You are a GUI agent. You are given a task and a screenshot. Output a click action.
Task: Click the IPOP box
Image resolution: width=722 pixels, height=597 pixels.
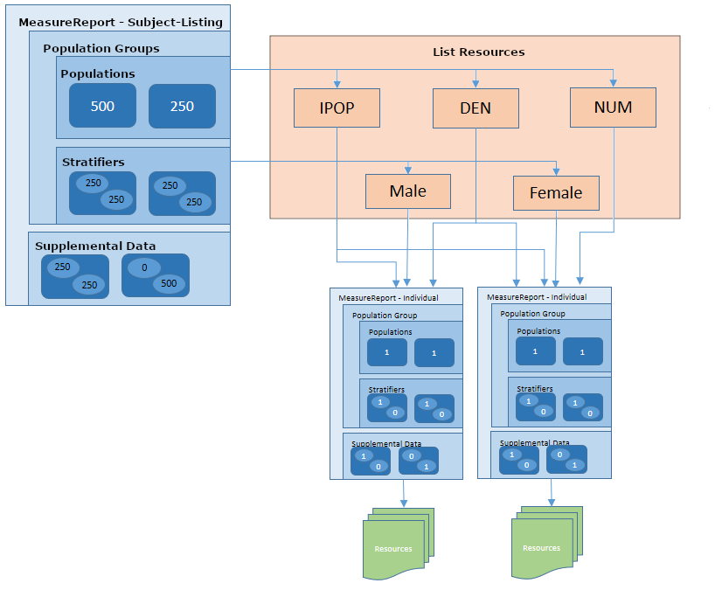tap(337, 108)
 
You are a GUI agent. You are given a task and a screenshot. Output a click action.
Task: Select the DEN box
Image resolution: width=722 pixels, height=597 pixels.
tap(476, 108)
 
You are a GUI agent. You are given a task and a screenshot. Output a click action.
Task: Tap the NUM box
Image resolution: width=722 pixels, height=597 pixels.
tap(613, 108)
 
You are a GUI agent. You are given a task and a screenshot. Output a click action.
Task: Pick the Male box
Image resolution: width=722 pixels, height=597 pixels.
tap(408, 191)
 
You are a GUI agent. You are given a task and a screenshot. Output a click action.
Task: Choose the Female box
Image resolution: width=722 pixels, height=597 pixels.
tap(556, 193)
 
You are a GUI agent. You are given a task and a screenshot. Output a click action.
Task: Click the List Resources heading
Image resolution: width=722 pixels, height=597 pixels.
tap(479, 52)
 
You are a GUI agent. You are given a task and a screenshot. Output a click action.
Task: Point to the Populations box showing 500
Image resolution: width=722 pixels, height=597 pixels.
tap(102, 106)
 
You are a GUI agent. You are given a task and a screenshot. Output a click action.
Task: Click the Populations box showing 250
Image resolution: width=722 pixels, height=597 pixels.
tap(182, 106)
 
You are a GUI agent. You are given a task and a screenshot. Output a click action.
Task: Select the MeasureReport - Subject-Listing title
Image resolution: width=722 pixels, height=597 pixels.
tap(121, 22)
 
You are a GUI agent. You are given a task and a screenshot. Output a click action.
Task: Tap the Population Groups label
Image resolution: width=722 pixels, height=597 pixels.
tap(101, 49)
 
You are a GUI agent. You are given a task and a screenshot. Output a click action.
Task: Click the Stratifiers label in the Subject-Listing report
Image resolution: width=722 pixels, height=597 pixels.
tap(94, 162)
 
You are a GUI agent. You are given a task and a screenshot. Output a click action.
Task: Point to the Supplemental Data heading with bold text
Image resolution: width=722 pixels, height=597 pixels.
tap(95, 246)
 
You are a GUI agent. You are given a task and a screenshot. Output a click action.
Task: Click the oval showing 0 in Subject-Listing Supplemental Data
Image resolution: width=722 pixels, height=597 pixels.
tap(144, 268)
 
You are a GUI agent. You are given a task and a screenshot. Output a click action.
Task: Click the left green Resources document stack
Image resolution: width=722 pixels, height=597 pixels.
tap(395, 546)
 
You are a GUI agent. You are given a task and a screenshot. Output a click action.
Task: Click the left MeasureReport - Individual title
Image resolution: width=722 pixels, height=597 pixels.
tap(388, 298)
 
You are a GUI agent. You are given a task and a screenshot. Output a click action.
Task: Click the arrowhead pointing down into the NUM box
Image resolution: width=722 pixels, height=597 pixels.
tap(614, 83)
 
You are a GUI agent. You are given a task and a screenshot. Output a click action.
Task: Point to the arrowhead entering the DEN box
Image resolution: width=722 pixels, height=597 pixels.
tap(476, 84)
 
